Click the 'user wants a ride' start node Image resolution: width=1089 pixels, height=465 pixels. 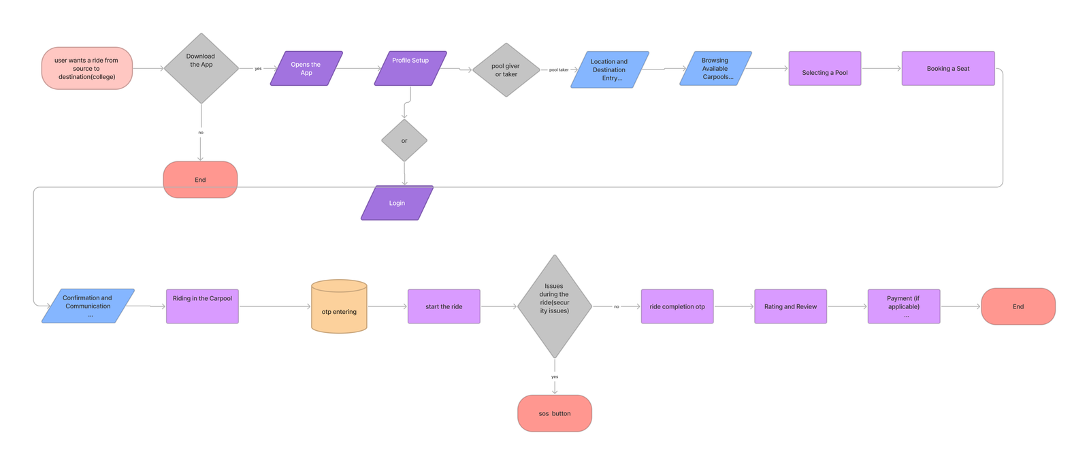[x=87, y=68]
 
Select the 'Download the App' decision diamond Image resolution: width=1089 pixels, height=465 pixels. [x=201, y=68]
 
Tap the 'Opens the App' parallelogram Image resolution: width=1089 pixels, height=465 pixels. [x=306, y=68]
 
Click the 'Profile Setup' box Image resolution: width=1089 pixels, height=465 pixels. [x=410, y=68]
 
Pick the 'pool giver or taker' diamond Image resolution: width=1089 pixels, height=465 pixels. [x=506, y=70]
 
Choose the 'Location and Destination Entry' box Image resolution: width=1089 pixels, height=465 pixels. [x=609, y=69]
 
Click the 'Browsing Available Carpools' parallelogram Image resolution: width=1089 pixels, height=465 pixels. [x=715, y=68]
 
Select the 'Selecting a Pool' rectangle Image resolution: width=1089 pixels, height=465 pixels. [x=824, y=68]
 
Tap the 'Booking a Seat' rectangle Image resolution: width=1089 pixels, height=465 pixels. [x=947, y=68]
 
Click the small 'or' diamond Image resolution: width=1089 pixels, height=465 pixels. [x=404, y=141]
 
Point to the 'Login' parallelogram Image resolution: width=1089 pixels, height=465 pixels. [x=397, y=203]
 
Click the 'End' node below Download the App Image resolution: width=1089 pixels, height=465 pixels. [x=200, y=180]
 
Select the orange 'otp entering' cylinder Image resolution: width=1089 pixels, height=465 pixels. [x=339, y=307]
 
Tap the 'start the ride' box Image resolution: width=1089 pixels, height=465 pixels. [x=444, y=306]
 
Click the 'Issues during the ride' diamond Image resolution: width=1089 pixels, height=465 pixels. [x=555, y=306]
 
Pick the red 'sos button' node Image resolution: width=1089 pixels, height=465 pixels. [x=555, y=413]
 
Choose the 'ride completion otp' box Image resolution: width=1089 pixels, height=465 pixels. [x=677, y=306]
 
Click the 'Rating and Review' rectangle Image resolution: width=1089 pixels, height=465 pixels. [x=790, y=306]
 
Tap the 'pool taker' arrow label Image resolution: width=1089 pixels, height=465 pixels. [x=559, y=69]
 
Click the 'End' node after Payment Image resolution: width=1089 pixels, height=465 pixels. [x=1018, y=306]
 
